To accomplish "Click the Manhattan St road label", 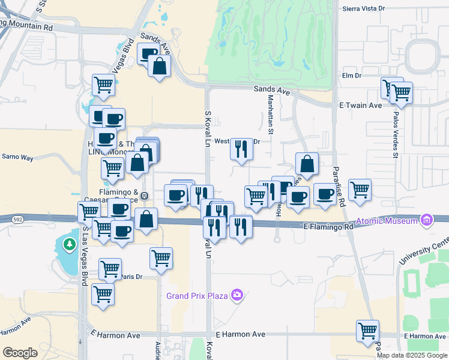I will click(x=270, y=114).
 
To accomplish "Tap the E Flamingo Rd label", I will click(x=328, y=227).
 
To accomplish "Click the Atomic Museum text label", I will click(x=387, y=221).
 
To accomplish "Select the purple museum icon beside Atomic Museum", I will click(x=427, y=220).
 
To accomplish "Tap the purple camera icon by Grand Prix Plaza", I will click(x=238, y=295).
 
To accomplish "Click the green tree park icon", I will click(x=70, y=245).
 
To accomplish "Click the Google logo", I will click(x=20, y=353).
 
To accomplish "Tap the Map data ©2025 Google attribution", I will click(x=412, y=355).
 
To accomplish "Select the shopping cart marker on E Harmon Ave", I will click(x=367, y=330).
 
